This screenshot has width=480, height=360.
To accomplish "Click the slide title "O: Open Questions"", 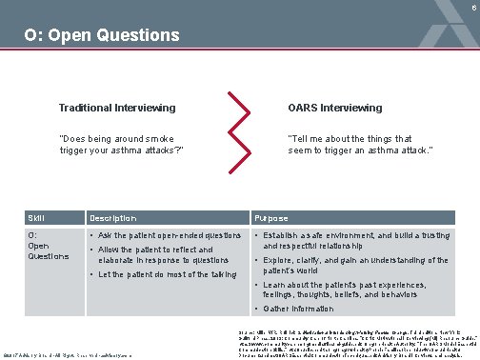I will click(x=102, y=36).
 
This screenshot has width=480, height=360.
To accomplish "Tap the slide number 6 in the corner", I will click(x=472, y=6).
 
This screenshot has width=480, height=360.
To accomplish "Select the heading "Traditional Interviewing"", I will click(x=115, y=108).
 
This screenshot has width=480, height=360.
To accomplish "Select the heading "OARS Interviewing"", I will click(x=334, y=108).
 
